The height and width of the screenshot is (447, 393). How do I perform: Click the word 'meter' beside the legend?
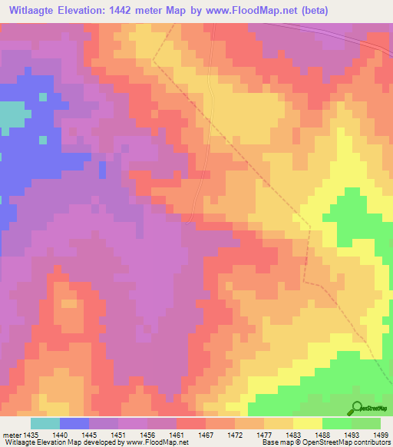tap(12, 434)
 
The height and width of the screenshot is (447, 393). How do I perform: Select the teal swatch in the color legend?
tap(45, 423)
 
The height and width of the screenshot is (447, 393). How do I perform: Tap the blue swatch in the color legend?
tap(74, 423)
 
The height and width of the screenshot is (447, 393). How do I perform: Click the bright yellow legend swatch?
tap(308, 423)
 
